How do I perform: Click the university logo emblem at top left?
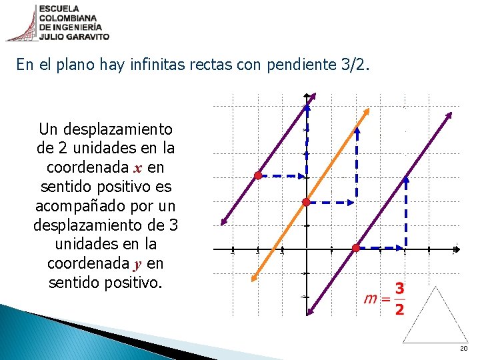click(x=21, y=22)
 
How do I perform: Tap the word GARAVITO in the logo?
click(x=88, y=37)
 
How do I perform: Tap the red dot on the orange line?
click(x=306, y=201)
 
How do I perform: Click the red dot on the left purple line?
click(x=257, y=176)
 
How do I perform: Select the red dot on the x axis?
click(x=356, y=248)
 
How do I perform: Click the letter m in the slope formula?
click(x=371, y=299)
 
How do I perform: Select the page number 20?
click(x=463, y=349)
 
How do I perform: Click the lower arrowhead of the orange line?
click(x=254, y=279)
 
